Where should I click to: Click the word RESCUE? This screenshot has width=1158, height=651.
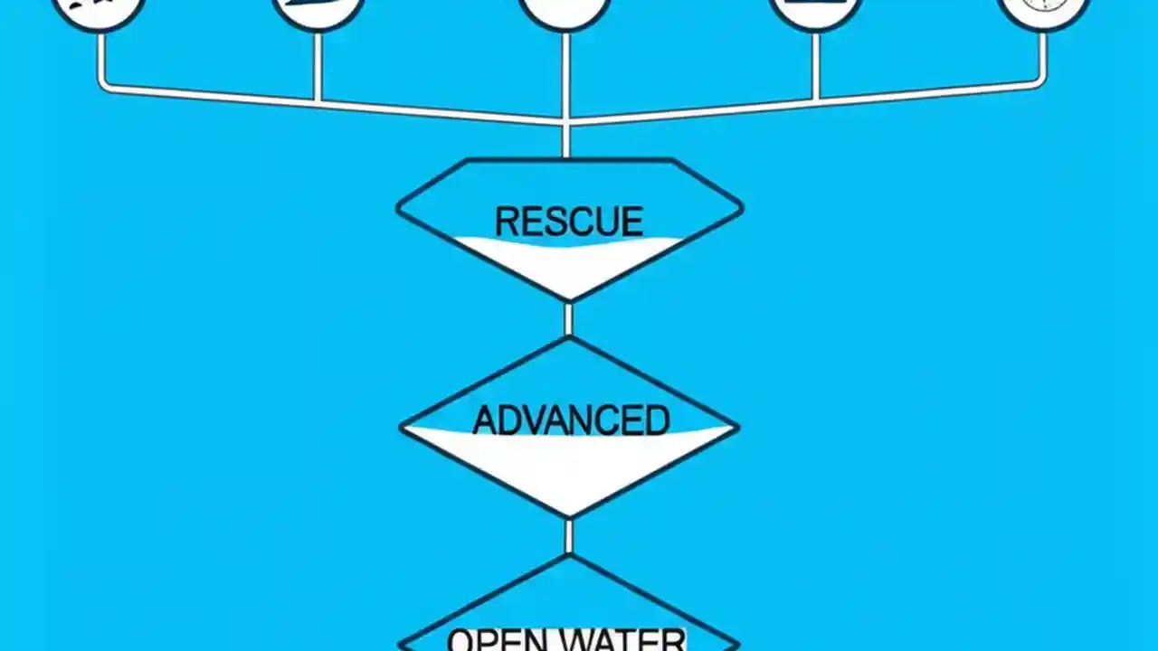click(569, 222)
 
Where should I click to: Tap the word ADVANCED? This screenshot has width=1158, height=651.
click(571, 420)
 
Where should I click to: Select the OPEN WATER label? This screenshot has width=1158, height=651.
click(567, 639)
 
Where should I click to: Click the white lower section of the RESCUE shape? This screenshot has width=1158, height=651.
click(569, 267)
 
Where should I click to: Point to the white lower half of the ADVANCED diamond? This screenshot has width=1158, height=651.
click(569, 466)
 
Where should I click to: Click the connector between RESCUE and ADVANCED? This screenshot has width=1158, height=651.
click(569, 319)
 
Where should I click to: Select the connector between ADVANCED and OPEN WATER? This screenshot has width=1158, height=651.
click(569, 535)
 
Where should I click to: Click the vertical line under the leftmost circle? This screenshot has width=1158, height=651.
click(100, 60)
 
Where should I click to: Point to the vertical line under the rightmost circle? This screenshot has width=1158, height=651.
click(1043, 58)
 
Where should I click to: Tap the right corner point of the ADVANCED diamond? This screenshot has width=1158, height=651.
click(737, 427)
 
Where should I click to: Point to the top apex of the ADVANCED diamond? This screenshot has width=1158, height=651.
click(569, 340)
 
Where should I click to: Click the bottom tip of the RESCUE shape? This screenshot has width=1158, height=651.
click(569, 300)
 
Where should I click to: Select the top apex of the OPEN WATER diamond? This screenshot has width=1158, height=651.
click(569, 556)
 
